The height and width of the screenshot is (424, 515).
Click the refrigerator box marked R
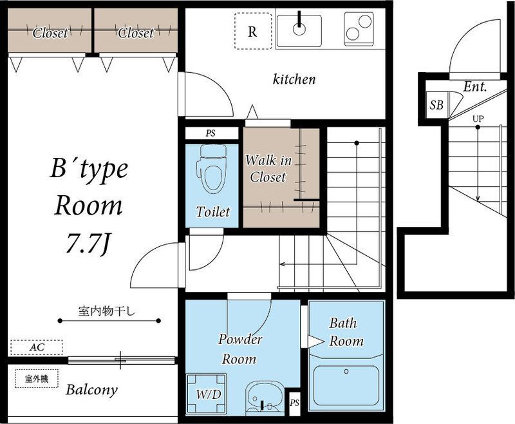[x=253, y=31]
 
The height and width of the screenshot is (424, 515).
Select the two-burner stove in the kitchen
[x=359, y=28]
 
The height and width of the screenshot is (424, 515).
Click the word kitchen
[x=294, y=79]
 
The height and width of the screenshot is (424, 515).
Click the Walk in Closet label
[x=268, y=169]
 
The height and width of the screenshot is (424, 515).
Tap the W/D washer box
[x=207, y=394]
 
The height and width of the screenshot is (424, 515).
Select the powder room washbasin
[x=265, y=398]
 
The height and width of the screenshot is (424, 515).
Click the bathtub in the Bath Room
[x=346, y=385]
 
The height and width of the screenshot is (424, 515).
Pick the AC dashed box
[x=37, y=347]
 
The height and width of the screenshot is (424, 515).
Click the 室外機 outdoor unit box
[x=37, y=379]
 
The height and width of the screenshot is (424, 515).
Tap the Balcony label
[x=91, y=390]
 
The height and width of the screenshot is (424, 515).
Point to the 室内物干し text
[x=106, y=311]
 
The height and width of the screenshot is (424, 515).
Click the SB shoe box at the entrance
[x=436, y=105]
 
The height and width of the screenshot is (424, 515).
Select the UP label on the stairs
[x=478, y=119]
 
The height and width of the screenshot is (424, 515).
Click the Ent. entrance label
[x=475, y=87]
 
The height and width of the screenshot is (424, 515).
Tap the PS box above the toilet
[x=212, y=133]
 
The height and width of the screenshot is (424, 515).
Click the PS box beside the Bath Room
[x=295, y=403]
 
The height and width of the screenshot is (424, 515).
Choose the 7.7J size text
[x=88, y=244]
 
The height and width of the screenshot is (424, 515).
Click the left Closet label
[x=50, y=33]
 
